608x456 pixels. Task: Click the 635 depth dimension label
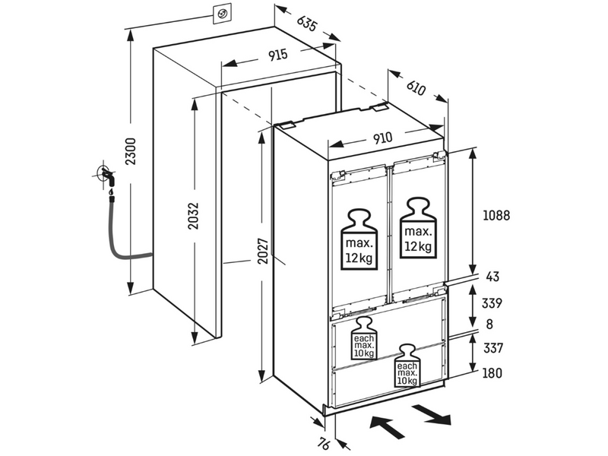pos(307,24)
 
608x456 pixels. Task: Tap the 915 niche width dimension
pos(278,55)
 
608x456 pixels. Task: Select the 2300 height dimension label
pos(131,151)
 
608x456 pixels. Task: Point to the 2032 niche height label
pos(193,216)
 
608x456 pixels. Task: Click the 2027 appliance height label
pos(263,251)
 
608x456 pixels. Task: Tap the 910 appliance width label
pos(382,138)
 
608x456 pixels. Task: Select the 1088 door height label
pos(496,215)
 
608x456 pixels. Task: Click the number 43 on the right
pos(492,277)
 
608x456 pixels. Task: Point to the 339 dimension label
pos(492,302)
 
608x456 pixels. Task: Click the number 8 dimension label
pos(489,324)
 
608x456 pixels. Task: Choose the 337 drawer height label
pos(492,348)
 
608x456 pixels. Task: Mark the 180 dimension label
pos(492,373)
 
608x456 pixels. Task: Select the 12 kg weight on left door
pos(359,240)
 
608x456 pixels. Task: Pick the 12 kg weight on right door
pos(418,228)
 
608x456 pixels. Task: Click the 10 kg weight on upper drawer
pos(364,338)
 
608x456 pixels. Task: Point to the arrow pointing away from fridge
pos(431,414)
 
